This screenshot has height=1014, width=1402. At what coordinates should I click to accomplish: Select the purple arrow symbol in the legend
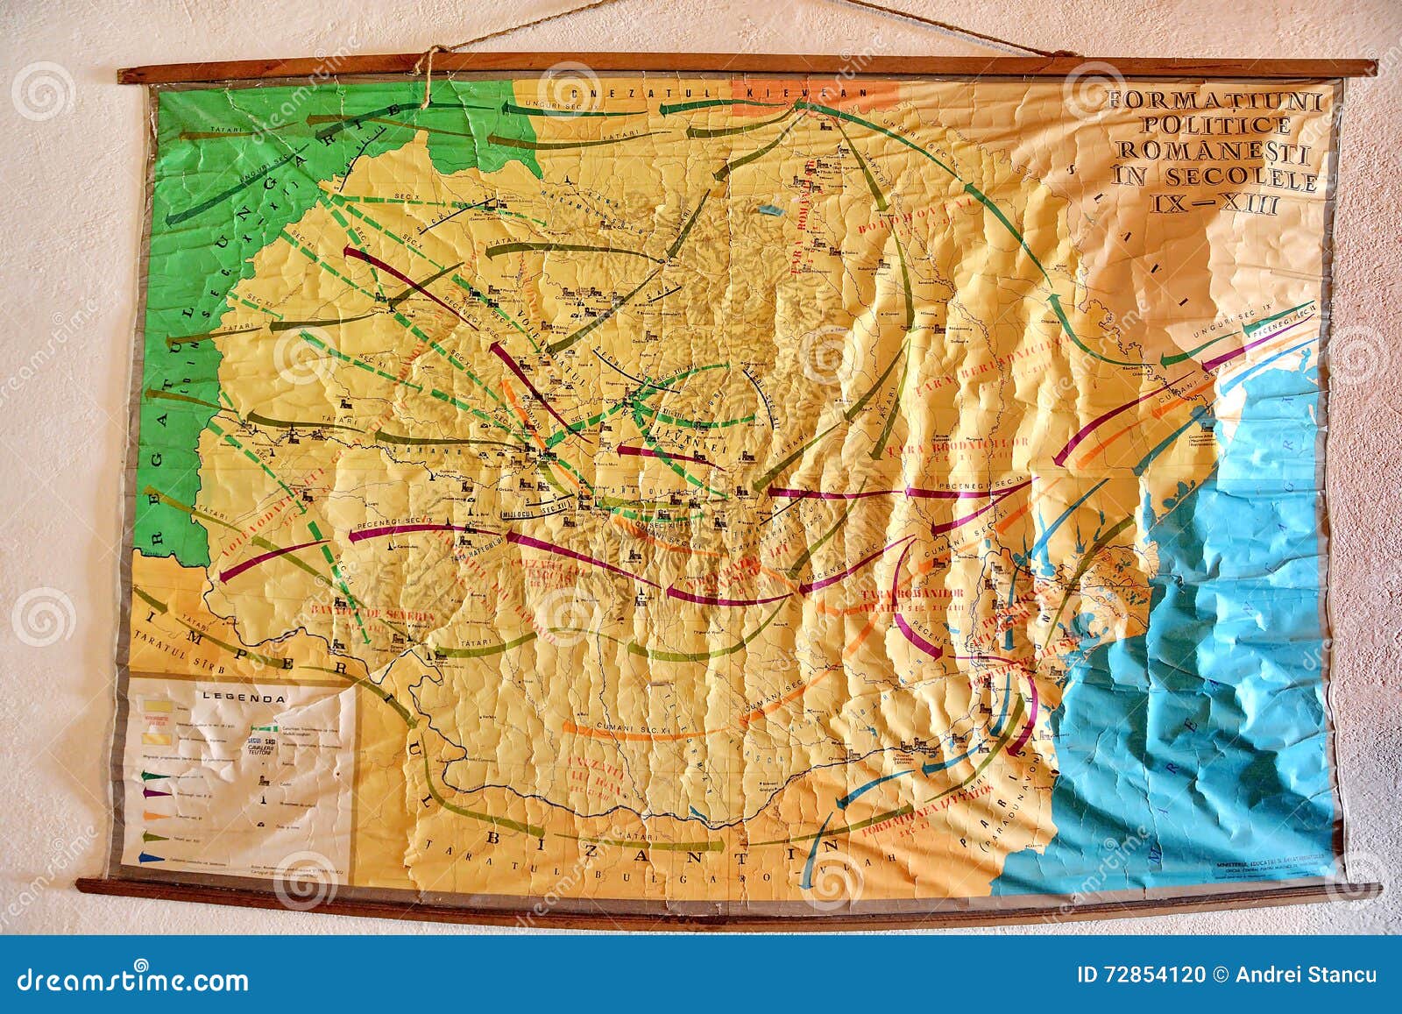click(155, 792)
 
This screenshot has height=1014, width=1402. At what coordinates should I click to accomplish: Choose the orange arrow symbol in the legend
click(153, 814)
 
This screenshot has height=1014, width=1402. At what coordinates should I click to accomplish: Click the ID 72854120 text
click(1140, 975)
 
